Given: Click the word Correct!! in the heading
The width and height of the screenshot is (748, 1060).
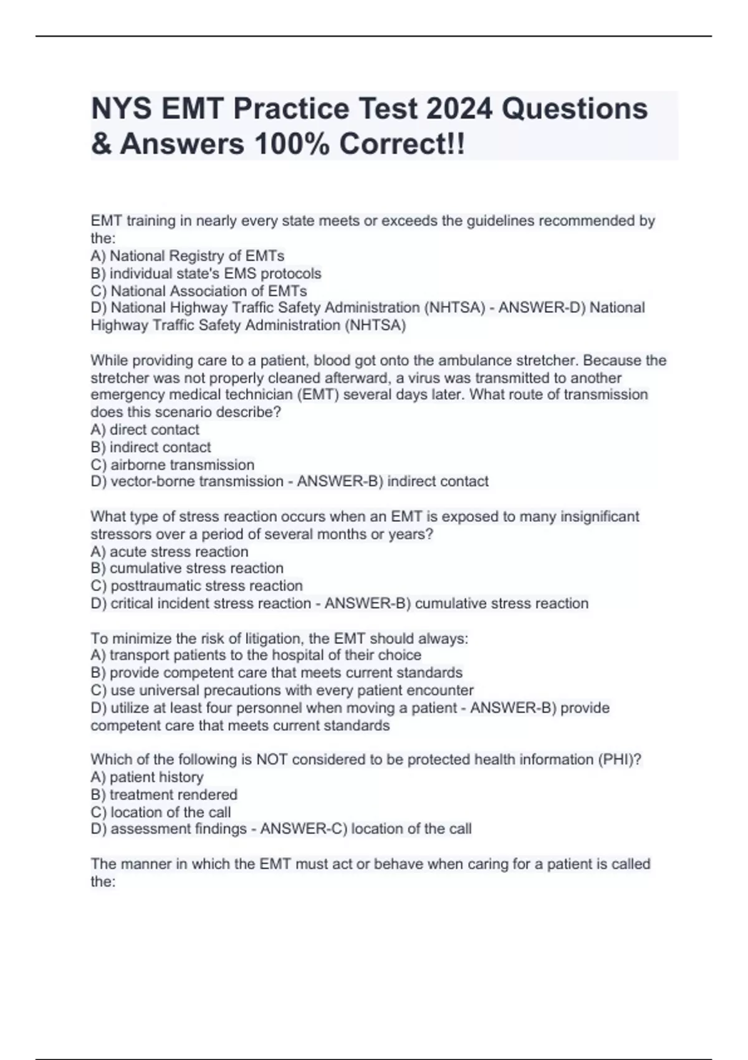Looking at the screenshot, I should click(x=402, y=144).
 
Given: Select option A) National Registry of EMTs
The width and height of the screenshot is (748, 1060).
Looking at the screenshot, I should click(x=187, y=256).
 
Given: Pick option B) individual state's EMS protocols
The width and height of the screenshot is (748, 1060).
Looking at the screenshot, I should click(x=206, y=273).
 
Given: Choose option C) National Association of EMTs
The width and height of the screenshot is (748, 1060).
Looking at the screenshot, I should click(x=199, y=291).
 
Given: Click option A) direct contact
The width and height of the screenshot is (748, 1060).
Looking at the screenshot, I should click(x=145, y=430).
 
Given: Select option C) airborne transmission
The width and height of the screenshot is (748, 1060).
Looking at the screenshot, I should click(x=173, y=465).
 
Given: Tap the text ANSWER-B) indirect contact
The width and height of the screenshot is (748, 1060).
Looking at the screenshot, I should click(x=393, y=481).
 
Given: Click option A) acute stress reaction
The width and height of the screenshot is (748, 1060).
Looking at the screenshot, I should click(x=170, y=551).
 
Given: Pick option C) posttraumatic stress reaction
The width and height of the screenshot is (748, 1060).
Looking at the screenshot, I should click(x=196, y=585).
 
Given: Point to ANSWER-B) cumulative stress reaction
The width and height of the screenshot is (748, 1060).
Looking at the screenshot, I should click(x=456, y=603).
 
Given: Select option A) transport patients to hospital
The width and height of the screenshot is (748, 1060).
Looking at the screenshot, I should click(x=256, y=655).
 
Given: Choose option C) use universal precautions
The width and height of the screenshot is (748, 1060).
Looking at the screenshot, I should click(x=282, y=690).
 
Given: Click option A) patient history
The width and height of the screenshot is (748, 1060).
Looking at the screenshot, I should click(x=147, y=777).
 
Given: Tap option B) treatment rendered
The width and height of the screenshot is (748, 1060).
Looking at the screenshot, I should click(x=164, y=794).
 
